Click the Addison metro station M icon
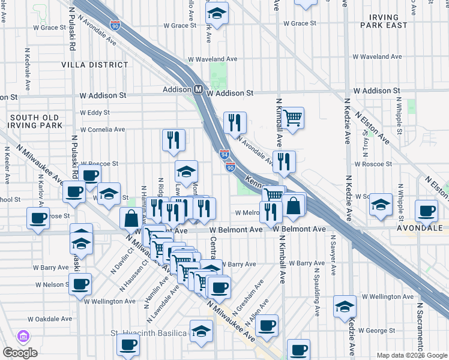click(x=197, y=89)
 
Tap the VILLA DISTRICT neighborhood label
click(x=91, y=65)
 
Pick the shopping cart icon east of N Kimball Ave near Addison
click(x=293, y=118)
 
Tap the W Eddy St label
click(x=94, y=112)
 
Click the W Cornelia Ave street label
click(x=102, y=129)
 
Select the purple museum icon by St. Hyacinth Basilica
click(x=24, y=336)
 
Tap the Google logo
click(x=20, y=352)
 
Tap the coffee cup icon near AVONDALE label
click(x=426, y=211)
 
